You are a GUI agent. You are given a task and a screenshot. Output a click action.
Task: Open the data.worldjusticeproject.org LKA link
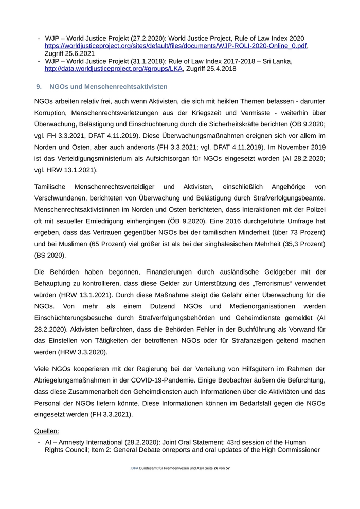click(113, 69)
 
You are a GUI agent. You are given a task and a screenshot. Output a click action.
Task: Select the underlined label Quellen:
click(47, 431)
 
